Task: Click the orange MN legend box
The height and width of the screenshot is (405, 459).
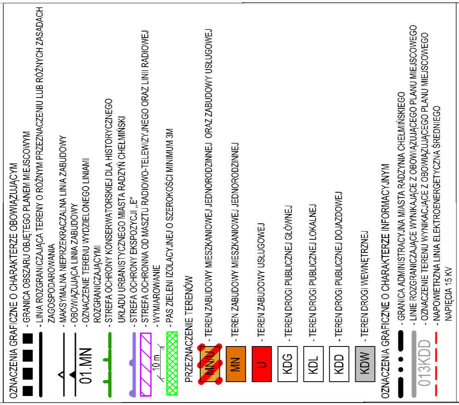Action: [x=236, y=364]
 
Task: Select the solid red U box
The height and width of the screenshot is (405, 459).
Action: [x=262, y=364]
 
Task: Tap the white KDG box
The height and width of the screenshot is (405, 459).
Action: [x=288, y=364]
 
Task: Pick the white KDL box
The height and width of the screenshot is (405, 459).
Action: [x=313, y=364]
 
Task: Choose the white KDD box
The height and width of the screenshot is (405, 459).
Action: [x=339, y=364]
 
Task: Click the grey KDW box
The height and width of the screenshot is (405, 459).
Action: [x=365, y=364]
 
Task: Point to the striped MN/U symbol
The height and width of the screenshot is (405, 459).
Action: [x=210, y=364]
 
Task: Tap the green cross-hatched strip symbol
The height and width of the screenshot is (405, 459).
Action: [x=172, y=364]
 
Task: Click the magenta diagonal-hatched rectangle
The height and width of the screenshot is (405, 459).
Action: [x=146, y=364]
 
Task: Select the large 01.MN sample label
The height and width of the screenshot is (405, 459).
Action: [x=86, y=366]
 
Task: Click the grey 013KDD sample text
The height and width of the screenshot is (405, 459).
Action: [x=424, y=363]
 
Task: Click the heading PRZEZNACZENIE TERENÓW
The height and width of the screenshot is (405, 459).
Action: [x=189, y=329]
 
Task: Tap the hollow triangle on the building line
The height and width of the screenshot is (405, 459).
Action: [x=61, y=374]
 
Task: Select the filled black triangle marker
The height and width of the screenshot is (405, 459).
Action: [x=72, y=374]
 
